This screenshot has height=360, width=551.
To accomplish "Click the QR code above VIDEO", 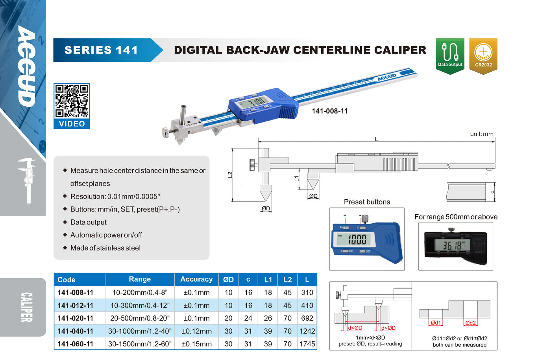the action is click(72, 101).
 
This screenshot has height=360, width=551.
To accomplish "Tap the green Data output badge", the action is click(450, 56).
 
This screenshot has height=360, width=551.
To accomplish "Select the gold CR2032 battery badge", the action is click(483, 56).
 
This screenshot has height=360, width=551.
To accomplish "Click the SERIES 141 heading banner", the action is click(108, 50).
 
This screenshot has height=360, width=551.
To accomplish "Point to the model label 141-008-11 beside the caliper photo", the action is click(330, 111).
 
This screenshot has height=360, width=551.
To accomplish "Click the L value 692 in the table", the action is click(307, 318).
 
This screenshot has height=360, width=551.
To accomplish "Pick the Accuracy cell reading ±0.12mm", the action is click(196, 331).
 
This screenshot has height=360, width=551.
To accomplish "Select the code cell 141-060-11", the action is click(75, 344).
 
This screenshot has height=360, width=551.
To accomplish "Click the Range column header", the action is click(140, 279).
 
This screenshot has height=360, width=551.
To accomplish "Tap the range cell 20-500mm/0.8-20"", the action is click(140, 318).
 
